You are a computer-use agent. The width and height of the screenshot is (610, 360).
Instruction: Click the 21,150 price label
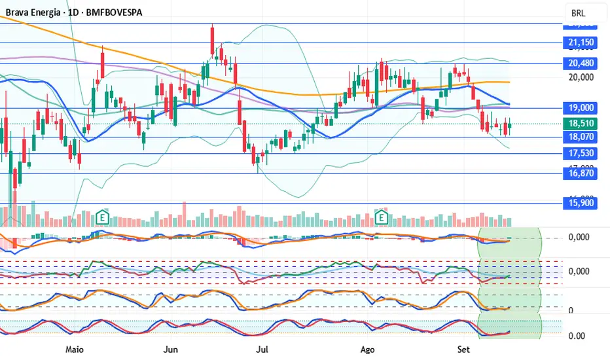579,43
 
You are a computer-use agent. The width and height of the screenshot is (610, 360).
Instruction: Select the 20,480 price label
579,63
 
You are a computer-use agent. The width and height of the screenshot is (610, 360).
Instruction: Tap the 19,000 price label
579,108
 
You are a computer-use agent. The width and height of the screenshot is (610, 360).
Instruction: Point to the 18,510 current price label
579,123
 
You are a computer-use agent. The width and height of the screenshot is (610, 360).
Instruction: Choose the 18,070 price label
579,137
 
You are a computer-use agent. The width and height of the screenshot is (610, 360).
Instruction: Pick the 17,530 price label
579,154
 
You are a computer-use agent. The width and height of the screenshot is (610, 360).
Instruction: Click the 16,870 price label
579,173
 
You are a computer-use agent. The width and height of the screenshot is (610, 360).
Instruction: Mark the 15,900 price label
579,203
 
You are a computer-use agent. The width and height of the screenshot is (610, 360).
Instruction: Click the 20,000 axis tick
579,77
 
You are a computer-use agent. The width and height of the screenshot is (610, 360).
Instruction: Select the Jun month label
171,350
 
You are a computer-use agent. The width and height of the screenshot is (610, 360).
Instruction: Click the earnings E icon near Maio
101,217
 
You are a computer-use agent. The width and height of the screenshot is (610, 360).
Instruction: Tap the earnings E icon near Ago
382,217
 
